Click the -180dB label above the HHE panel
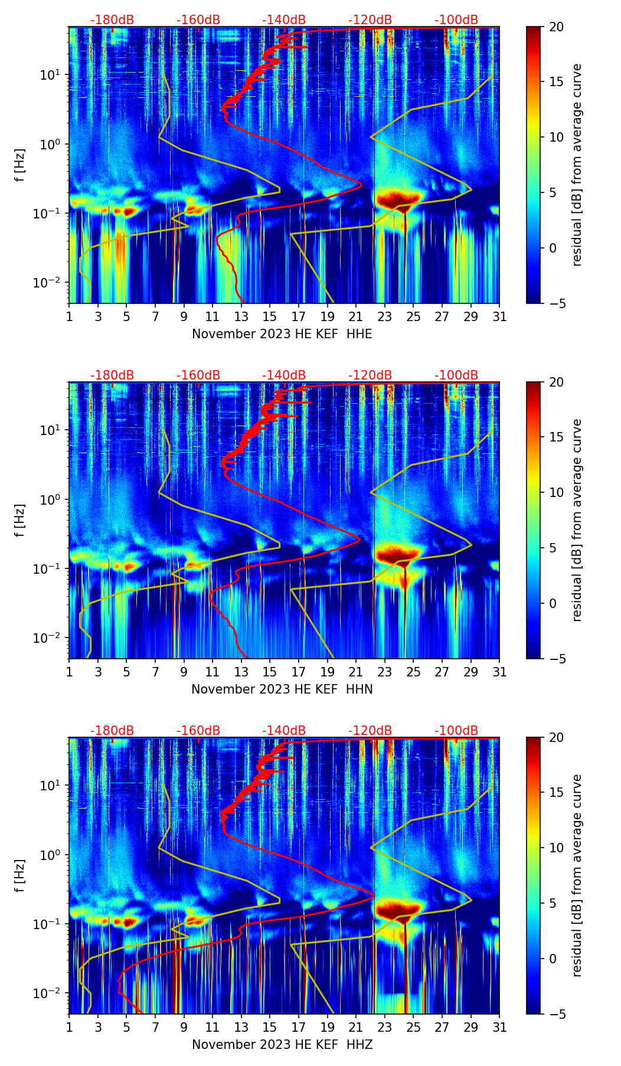coord(112,20)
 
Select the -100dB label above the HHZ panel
coord(456,731)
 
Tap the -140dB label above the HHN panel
coord(284,375)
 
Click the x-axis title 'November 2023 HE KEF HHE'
coord(282,334)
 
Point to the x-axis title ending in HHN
coord(282,689)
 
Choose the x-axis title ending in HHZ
coord(282,1045)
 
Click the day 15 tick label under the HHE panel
coord(270,317)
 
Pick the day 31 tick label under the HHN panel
coord(499,672)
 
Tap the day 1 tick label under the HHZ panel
coord(69,1028)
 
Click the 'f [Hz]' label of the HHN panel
coord(21,520)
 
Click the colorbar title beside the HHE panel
coord(577,165)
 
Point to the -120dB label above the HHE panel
coord(370,20)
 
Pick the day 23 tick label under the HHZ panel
coord(384,1028)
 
